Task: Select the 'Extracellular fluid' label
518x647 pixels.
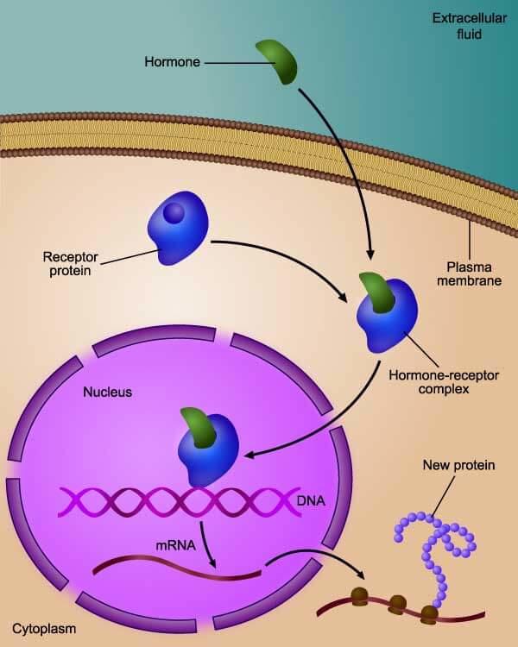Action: coord(458,27)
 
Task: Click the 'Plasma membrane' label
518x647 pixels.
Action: coord(470,273)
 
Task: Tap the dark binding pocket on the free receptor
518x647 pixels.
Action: coord(174,212)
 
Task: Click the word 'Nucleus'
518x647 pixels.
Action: coord(107,393)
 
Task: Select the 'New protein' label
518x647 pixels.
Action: coord(458,465)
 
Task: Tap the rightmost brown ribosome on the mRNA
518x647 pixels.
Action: coord(428,613)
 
